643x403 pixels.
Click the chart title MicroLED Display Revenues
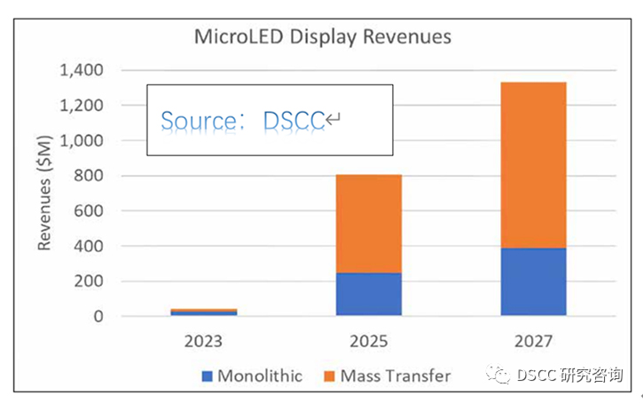323,36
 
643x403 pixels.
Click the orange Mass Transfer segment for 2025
368,223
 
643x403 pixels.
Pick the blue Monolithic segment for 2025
368,294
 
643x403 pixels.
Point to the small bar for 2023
204,312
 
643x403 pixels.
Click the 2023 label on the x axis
204,340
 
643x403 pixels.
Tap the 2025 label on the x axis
368,340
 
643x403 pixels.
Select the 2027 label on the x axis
533,340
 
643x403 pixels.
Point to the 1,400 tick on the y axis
82,70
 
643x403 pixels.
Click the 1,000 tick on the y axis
82,140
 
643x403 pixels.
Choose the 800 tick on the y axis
90,176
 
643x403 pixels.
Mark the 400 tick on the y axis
90,246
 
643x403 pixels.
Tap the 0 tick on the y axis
98,316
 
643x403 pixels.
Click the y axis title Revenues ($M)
44,194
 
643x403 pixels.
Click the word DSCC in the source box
294,120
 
